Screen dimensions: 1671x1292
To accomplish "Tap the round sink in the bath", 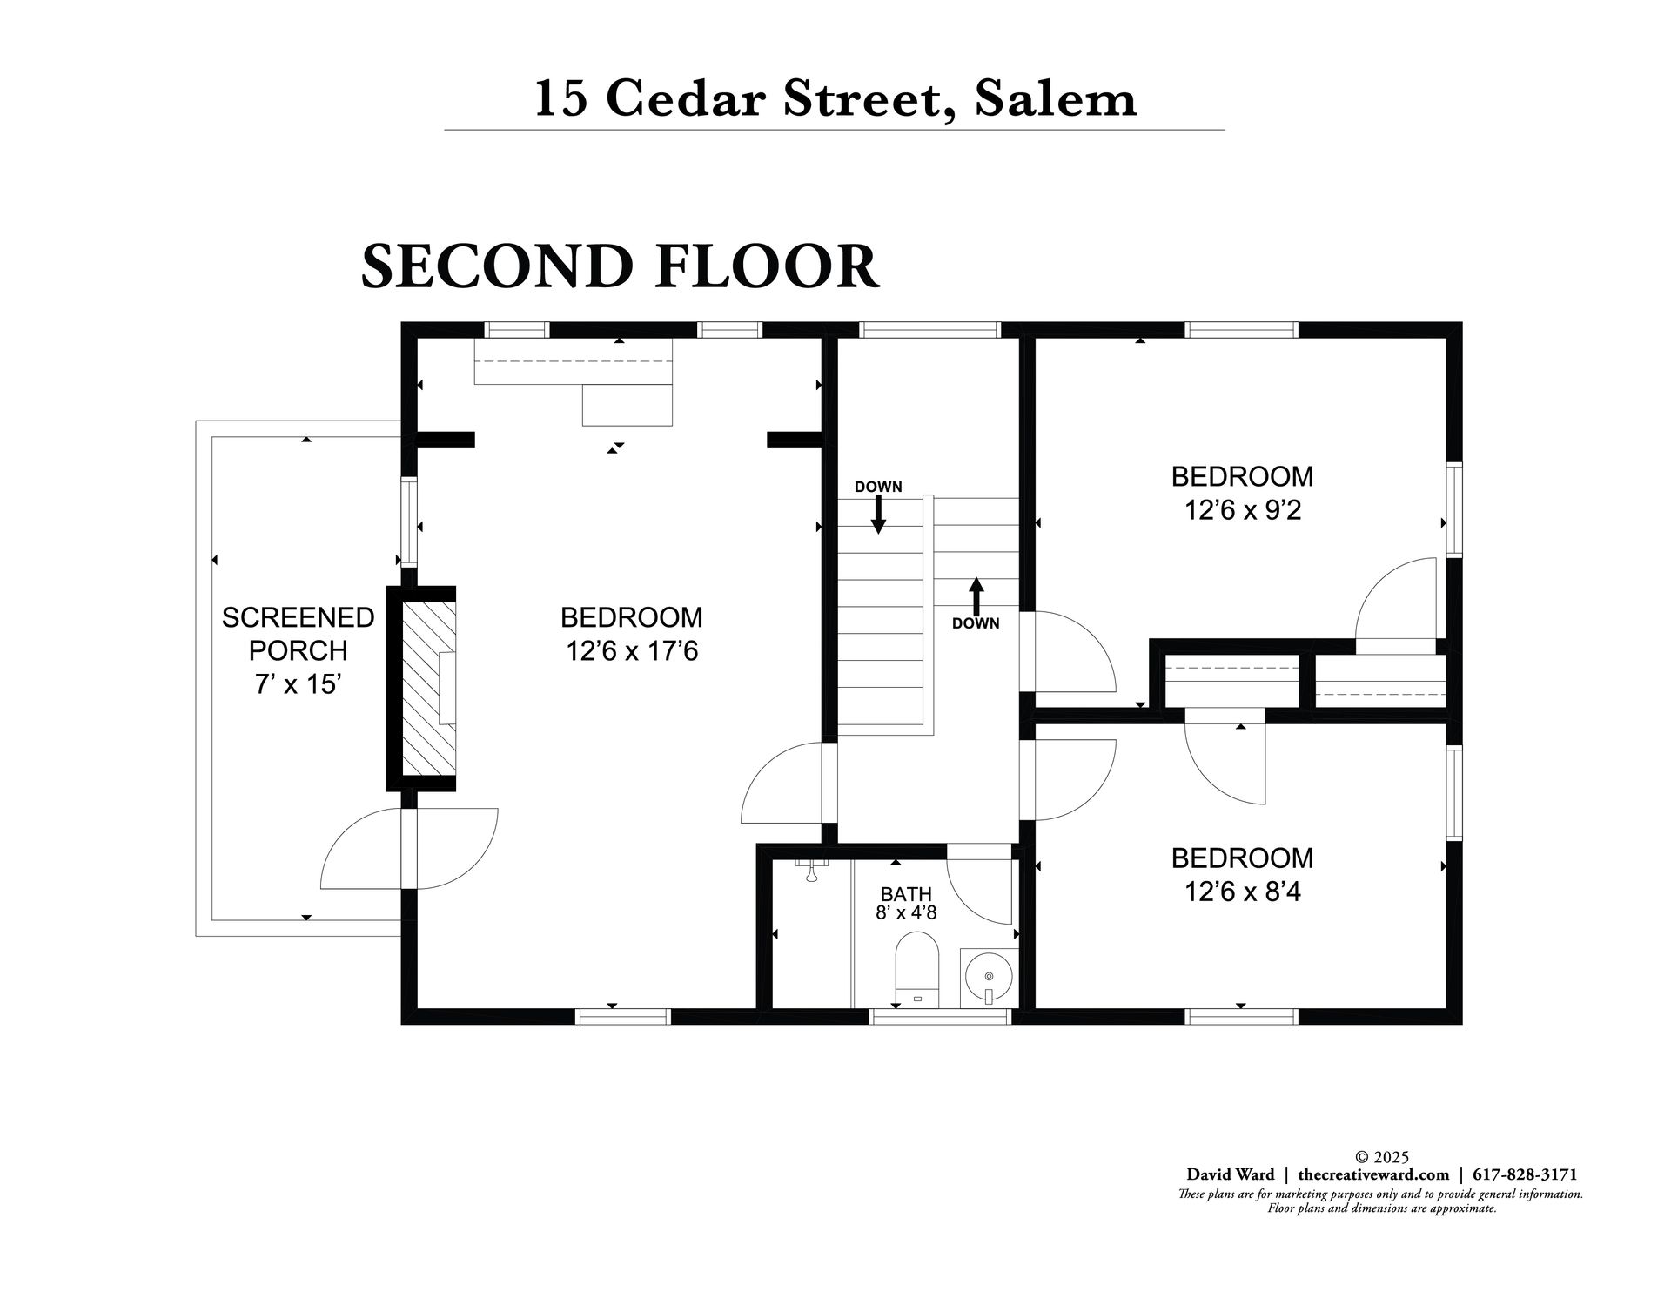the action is coord(989,978).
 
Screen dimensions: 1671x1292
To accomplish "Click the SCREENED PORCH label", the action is coord(299,634).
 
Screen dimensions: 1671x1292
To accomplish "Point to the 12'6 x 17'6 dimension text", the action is coord(632,651).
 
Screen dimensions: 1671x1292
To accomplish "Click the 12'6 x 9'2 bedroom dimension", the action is coord(1242,510).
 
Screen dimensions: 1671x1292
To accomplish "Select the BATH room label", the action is coord(906,894).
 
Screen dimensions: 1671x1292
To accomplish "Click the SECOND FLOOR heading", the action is coord(620,266).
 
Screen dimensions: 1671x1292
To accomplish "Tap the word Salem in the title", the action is coord(1055,98).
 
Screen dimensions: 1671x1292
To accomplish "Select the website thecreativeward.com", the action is coord(1373,1174).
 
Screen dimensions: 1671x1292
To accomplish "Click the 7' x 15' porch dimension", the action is coord(297,684).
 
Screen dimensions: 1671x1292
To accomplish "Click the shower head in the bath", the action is coord(810,871).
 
